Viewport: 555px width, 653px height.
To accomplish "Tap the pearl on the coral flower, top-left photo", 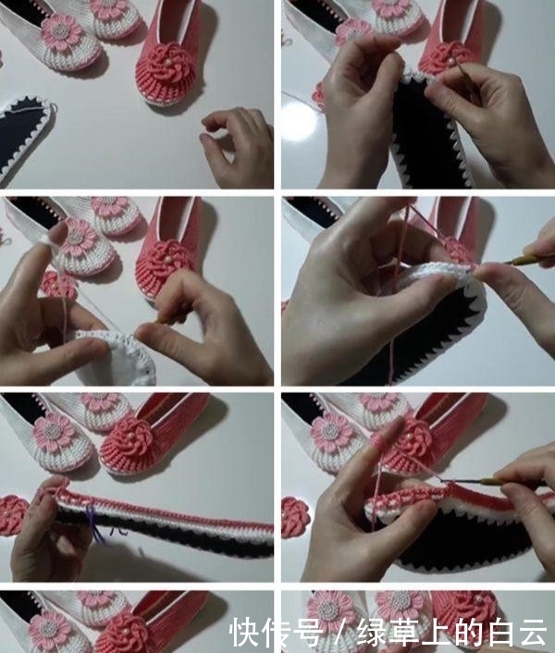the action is (x=168, y=62).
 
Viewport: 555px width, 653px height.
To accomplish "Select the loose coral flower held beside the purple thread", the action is (x=11, y=515).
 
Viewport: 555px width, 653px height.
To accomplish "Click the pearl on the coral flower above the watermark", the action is (x=479, y=598).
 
